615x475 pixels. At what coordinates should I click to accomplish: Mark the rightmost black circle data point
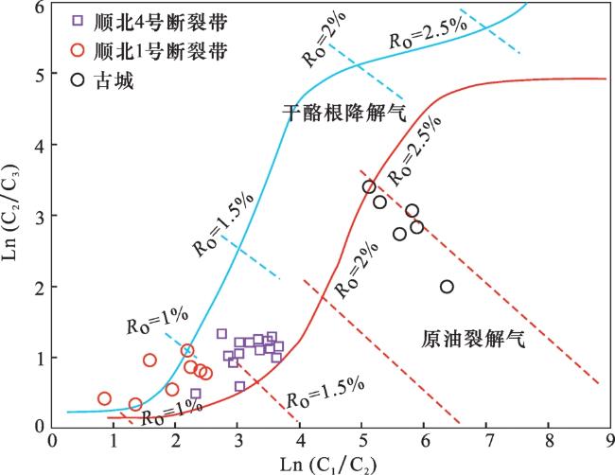(x=447, y=287)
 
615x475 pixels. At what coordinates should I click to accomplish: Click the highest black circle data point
(x=369, y=186)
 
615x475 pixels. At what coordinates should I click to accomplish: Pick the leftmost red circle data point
(x=104, y=398)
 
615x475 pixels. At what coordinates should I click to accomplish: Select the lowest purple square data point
(x=239, y=386)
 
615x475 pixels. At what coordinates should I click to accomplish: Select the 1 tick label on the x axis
(x=114, y=440)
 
